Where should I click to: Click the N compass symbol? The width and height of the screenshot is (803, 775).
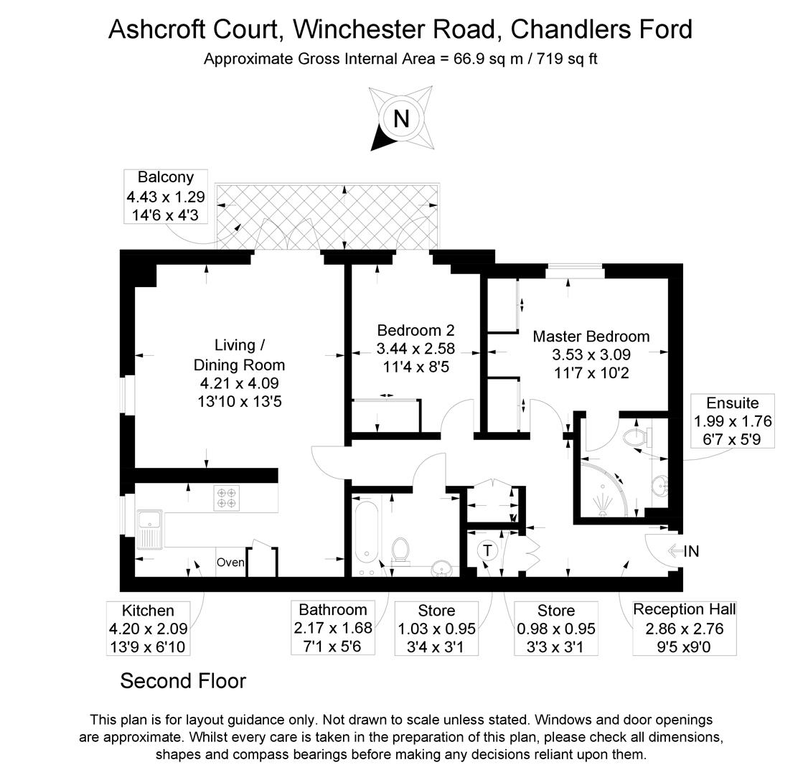401,118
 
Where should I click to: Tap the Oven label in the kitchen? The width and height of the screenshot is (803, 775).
230,563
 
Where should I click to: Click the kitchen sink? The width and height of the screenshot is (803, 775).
151,529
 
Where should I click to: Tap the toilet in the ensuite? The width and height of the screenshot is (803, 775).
635,437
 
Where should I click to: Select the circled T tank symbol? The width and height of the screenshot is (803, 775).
488,550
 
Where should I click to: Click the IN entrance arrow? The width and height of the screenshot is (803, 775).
682,551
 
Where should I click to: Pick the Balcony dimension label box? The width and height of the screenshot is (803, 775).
165,195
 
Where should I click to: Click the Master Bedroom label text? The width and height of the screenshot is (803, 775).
591,337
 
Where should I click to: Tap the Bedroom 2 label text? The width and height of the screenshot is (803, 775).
415,331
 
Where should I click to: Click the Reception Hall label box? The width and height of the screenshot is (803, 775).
684,628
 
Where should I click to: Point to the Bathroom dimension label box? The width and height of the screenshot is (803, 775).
333,628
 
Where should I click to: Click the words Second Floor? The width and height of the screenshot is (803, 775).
183,680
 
